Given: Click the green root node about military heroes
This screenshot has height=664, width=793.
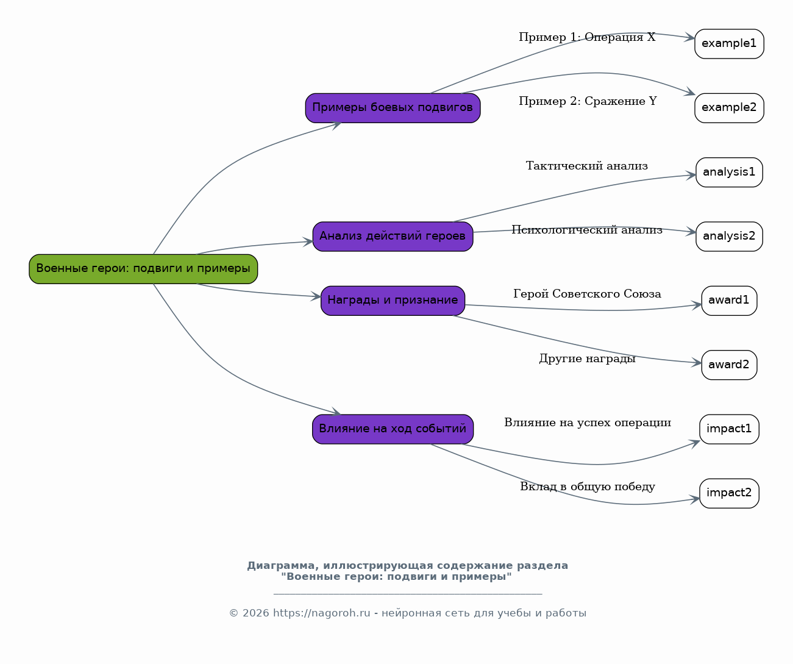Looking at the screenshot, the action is point(143,269).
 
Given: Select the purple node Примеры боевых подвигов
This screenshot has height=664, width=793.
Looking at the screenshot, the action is point(393,108).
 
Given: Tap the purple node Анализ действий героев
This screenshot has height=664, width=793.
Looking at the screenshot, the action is point(393,237).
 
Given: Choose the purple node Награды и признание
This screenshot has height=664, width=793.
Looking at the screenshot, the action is point(393,301).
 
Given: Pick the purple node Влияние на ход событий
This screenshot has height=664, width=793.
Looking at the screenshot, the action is point(393,429).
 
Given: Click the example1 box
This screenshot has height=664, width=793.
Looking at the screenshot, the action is point(729,44).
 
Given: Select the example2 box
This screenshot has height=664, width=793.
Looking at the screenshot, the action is point(729,108).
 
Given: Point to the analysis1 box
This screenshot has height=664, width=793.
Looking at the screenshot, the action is point(729,172).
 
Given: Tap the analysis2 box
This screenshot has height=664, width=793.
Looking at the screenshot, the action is point(729,237).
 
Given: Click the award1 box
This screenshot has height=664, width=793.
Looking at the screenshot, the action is point(729,301).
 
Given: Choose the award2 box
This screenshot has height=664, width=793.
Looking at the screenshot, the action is point(729,365).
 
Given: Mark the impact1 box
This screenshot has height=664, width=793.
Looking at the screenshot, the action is point(729,429).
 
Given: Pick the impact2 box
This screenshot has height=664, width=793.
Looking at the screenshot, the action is point(729,493).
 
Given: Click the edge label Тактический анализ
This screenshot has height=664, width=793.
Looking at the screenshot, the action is point(587,166).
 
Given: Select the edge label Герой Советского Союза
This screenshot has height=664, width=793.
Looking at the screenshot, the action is point(587,294).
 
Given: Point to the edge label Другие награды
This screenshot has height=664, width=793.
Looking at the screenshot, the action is point(587,358).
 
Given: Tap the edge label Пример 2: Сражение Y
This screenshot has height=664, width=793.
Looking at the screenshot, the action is point(588,101).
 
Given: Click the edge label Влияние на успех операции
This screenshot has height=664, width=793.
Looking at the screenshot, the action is point(588,423).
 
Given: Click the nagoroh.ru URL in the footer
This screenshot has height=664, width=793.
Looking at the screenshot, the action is point(321,613).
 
